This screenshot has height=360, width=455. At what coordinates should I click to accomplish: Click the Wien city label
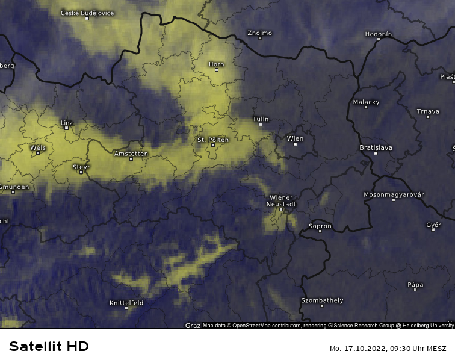pos(296,138)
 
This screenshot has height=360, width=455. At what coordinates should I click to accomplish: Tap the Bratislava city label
pos(376,147)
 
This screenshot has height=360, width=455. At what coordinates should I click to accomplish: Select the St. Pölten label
pos(213,140)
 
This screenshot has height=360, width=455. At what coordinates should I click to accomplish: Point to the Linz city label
pos(67,123)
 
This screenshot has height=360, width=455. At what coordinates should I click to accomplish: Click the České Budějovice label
pos(87,13)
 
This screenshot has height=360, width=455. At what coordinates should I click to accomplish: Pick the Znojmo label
pos(260,33)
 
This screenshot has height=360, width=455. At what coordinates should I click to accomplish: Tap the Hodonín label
pos(379,34)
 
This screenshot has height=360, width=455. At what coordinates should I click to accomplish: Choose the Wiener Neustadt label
pos(281,201)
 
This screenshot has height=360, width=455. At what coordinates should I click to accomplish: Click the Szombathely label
pos(322,300)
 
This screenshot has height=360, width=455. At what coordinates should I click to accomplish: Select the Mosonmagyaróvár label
pos(394,194)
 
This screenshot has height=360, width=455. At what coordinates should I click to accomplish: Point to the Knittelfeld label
pos(126,303)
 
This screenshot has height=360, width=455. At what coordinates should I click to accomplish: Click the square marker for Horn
pos(217,70)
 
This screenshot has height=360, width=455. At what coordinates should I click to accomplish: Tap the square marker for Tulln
pos(261,125)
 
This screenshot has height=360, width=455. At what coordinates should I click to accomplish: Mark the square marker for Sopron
pos(320,231)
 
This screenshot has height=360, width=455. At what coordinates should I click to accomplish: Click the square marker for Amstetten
pos(131,159)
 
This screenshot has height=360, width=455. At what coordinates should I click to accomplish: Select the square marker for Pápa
pos(415,290)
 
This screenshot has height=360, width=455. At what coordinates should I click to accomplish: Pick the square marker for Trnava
pos(428,116)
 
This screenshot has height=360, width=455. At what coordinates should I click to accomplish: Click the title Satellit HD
pos(49,346)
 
